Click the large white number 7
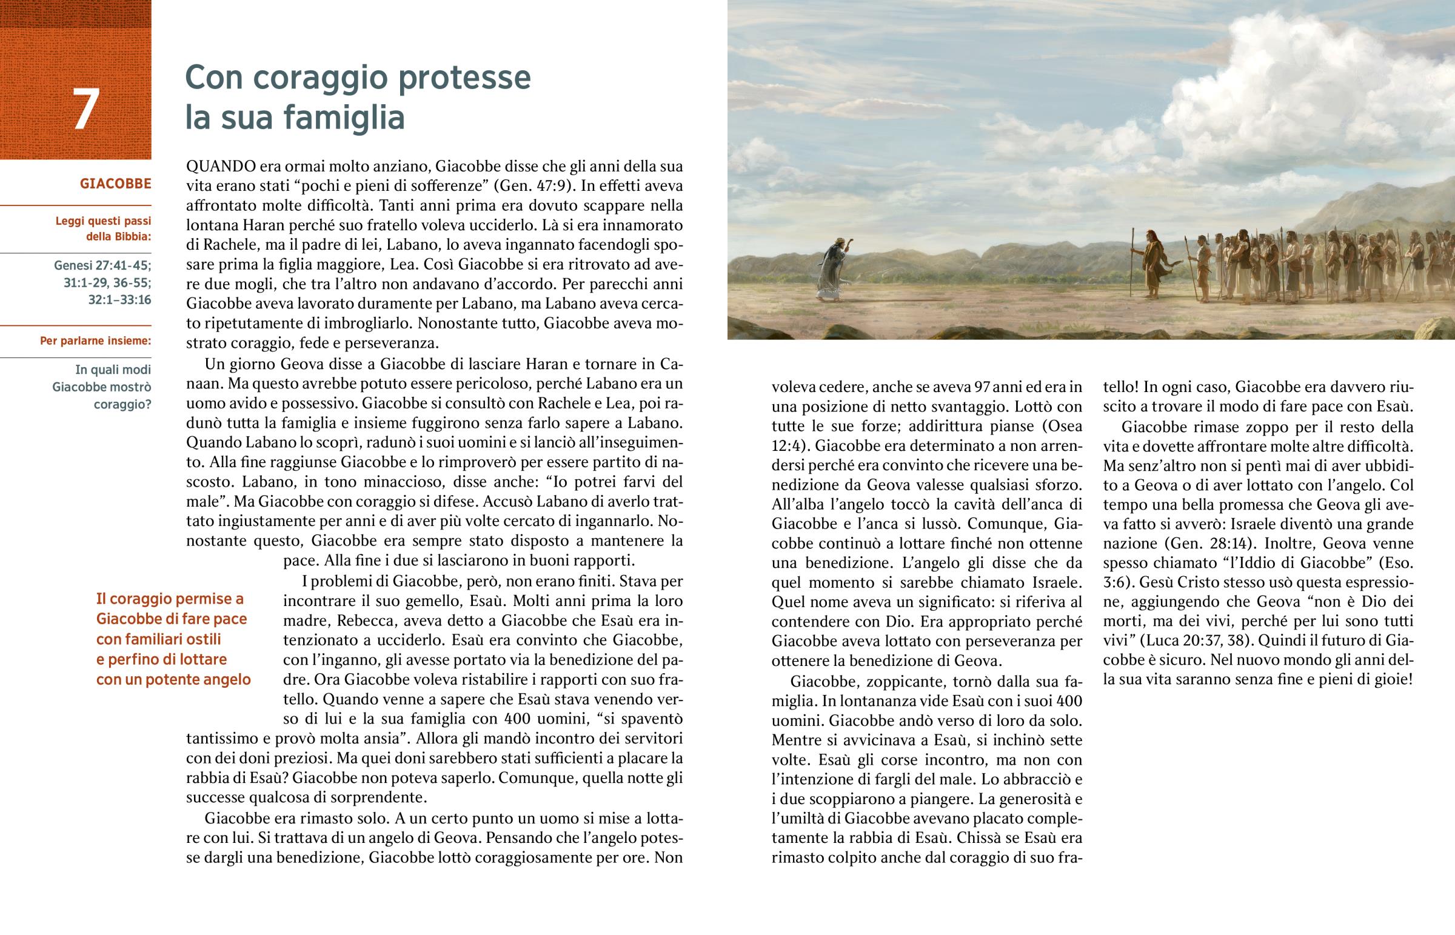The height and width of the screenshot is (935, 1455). click(x=85, y=109)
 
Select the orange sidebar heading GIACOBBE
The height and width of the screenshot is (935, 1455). click(x=115, y=184)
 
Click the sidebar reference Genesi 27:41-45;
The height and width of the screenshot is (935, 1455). click(x=102, y=265)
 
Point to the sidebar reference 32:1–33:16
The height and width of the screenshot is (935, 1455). click(x=119, y=299)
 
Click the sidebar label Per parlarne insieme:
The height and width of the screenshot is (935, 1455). click(x=95, y=341)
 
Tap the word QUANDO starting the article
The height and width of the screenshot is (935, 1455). click(x=221, y=167)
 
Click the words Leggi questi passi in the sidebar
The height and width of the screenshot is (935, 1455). click(x=103, y=221)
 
